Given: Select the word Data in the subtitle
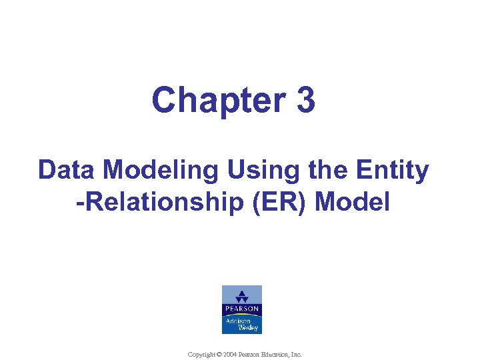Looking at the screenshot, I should pyautogui.click(x=64, y=171).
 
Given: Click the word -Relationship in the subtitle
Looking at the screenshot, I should pyautogui.click(x=156, y=201).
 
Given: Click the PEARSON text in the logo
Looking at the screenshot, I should pyautogui.click(x=241, y=309).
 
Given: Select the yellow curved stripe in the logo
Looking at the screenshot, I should pyautogui.click(x=241, y=315).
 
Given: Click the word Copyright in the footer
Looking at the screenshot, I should pyautogui.click(x=202, y=355).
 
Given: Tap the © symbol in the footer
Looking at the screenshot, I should pyautogui.click(x=221, y=355).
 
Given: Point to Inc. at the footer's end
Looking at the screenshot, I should pyautogui.click(x=297, y=355).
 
